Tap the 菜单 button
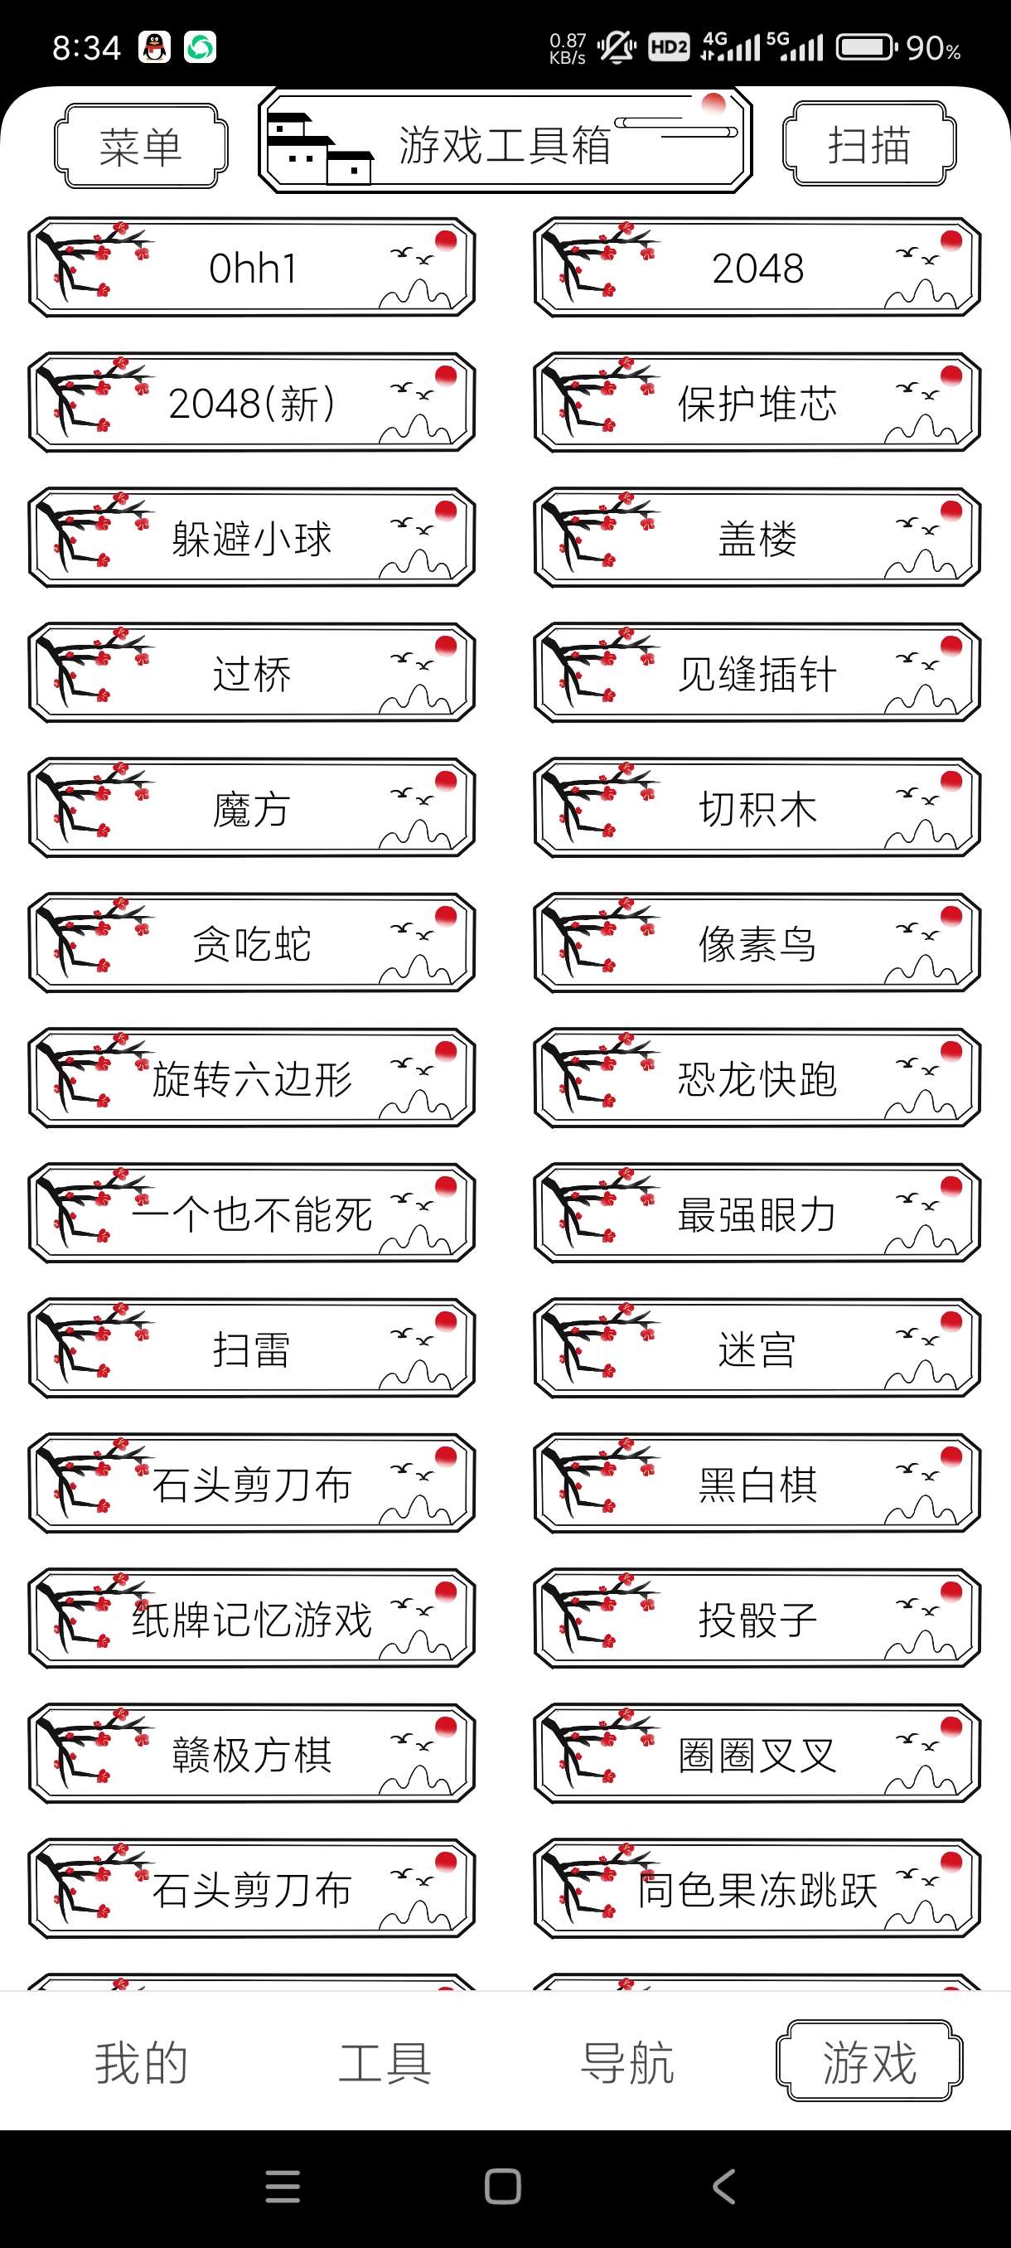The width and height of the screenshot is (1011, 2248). click(x=140, y=146)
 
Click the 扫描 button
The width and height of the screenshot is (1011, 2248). click(x=868, y=144)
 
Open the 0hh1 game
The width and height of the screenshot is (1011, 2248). click(x=252, y=268)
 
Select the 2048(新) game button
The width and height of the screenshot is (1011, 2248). click(x=252, y=403)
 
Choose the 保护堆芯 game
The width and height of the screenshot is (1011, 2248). click(x=757, y=403)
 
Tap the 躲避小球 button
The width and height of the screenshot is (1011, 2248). click(x=252, y=539)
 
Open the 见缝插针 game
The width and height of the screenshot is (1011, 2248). click(x=757, y=673)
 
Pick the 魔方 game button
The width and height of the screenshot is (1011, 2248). click(x=252, y=808)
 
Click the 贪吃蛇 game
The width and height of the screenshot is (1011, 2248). click(x=252, y=943)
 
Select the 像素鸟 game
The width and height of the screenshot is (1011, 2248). click(x=757, y=943)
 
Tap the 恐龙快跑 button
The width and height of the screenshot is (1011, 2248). click(x=757, y=1078)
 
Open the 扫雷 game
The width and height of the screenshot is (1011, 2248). click(x=252, y=1349)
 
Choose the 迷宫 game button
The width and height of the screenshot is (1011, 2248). click(x=757, y=1349)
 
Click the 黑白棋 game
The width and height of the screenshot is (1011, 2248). click(x=757, y=1484)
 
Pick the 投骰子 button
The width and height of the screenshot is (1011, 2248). click(x=757, y=1619)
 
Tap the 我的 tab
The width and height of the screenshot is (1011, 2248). click(x=142, y=2063)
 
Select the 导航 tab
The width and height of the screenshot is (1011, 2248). click(x=627, y=2063)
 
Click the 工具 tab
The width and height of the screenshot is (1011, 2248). click(x=385, y=2063)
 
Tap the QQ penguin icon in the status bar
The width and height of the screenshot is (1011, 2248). click(x=155, y=47)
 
